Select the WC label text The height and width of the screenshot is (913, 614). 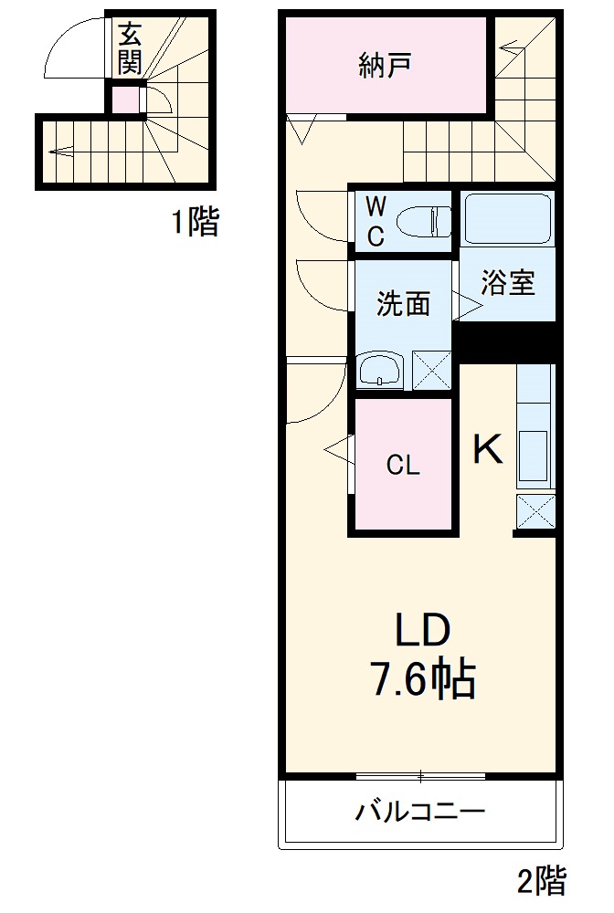[x=376, y=220]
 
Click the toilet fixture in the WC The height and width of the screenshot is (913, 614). [x=427, y=220]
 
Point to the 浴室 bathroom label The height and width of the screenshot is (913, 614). [x=508, y=283]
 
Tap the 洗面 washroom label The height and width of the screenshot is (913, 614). [x=403, y=304]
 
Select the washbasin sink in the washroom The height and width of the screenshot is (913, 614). [x=381, y=370]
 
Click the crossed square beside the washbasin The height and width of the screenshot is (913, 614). [x=432, y=371]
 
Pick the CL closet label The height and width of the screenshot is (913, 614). [x=402, y=466]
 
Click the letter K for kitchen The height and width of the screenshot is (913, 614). [x=487, y=449]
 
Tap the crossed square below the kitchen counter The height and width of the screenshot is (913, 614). [x=535, y=511]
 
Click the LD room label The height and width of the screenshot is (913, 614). [x=422, y=630]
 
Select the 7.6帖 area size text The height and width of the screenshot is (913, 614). [x=422, y=680]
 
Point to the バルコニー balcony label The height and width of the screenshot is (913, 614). [x=419, y=811]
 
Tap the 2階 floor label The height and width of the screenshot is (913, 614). [x=542, y=882]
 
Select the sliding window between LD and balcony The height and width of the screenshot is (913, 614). [x=420, y=776]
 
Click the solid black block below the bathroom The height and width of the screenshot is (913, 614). [x=506, y=342]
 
